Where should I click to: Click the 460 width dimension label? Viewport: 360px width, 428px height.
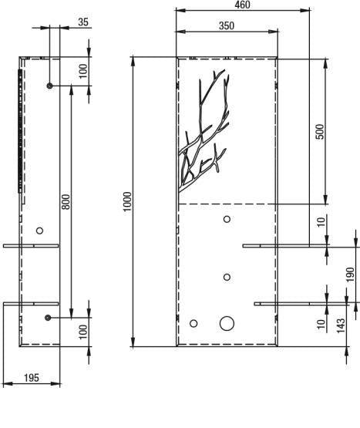coord(242,5)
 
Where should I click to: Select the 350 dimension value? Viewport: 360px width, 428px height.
coord(227,25)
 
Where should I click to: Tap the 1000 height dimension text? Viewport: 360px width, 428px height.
coord(127,202)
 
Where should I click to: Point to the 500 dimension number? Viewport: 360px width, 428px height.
coord(320,132)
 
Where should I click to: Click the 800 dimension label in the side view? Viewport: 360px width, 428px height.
coord(66,202)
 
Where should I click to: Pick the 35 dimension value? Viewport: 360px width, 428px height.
coord(83,22)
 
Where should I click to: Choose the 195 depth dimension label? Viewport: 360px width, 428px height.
coord(32,378)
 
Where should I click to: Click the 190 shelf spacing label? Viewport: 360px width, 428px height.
coord(351,275)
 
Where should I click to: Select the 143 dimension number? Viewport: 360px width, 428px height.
coord(341,325)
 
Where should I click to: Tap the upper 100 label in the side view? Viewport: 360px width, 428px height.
coord(83,71)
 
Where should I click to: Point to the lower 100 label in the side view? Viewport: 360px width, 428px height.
coord(83,332)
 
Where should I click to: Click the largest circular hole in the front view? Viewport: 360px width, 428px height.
coord(227,323)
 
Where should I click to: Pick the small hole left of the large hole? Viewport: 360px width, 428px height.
coord(193,324)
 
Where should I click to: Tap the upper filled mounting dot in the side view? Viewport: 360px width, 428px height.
coord(49,86)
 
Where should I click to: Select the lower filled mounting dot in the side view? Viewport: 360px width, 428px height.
coord(48,318)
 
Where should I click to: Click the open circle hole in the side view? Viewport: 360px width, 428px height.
coord(39,231)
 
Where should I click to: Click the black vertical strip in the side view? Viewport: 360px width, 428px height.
coord(20,131)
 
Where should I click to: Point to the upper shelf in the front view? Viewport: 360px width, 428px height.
coord(286,246)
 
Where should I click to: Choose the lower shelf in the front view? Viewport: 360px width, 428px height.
coord(301,304)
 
